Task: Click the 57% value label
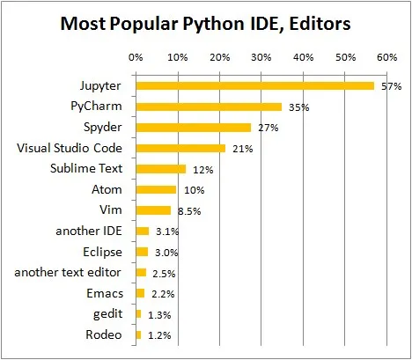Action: click(390, 87)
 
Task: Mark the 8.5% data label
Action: click(187, 211)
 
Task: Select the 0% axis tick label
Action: click(136, 58)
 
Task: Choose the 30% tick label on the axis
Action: click(261, 58)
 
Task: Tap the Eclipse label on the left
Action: click(101, 252)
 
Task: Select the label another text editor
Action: click(70, 272)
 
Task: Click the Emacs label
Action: click(105, 293)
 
